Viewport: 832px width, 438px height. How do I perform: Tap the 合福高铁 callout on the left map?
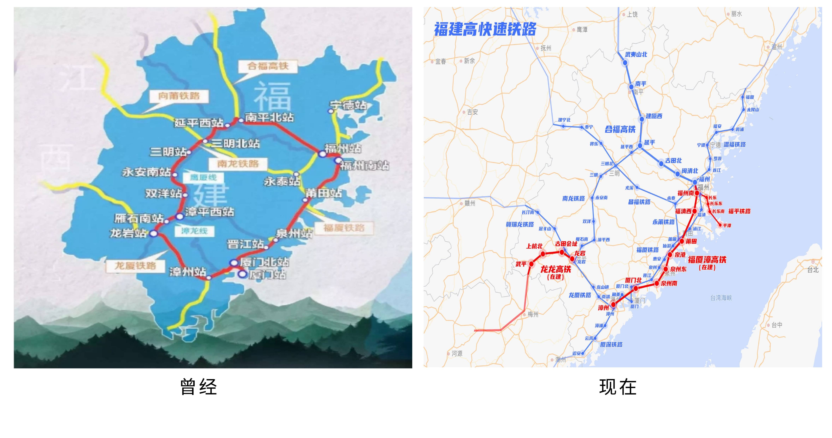tap(268, 67)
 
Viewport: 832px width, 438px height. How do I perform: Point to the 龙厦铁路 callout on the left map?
tap(135, 266)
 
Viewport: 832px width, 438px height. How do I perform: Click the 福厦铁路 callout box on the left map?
tap(344, 228)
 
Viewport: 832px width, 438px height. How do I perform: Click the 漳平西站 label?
tap(209, 212)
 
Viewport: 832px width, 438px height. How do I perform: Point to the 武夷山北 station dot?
tap(625, 63)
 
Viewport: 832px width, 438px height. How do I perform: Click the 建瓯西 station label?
tap(654, 116)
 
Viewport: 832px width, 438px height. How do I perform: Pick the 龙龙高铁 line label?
tap(555, 269)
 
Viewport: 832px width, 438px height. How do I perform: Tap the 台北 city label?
tap(813, 270)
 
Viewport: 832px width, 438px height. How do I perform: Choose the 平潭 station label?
tap(727, 226)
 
